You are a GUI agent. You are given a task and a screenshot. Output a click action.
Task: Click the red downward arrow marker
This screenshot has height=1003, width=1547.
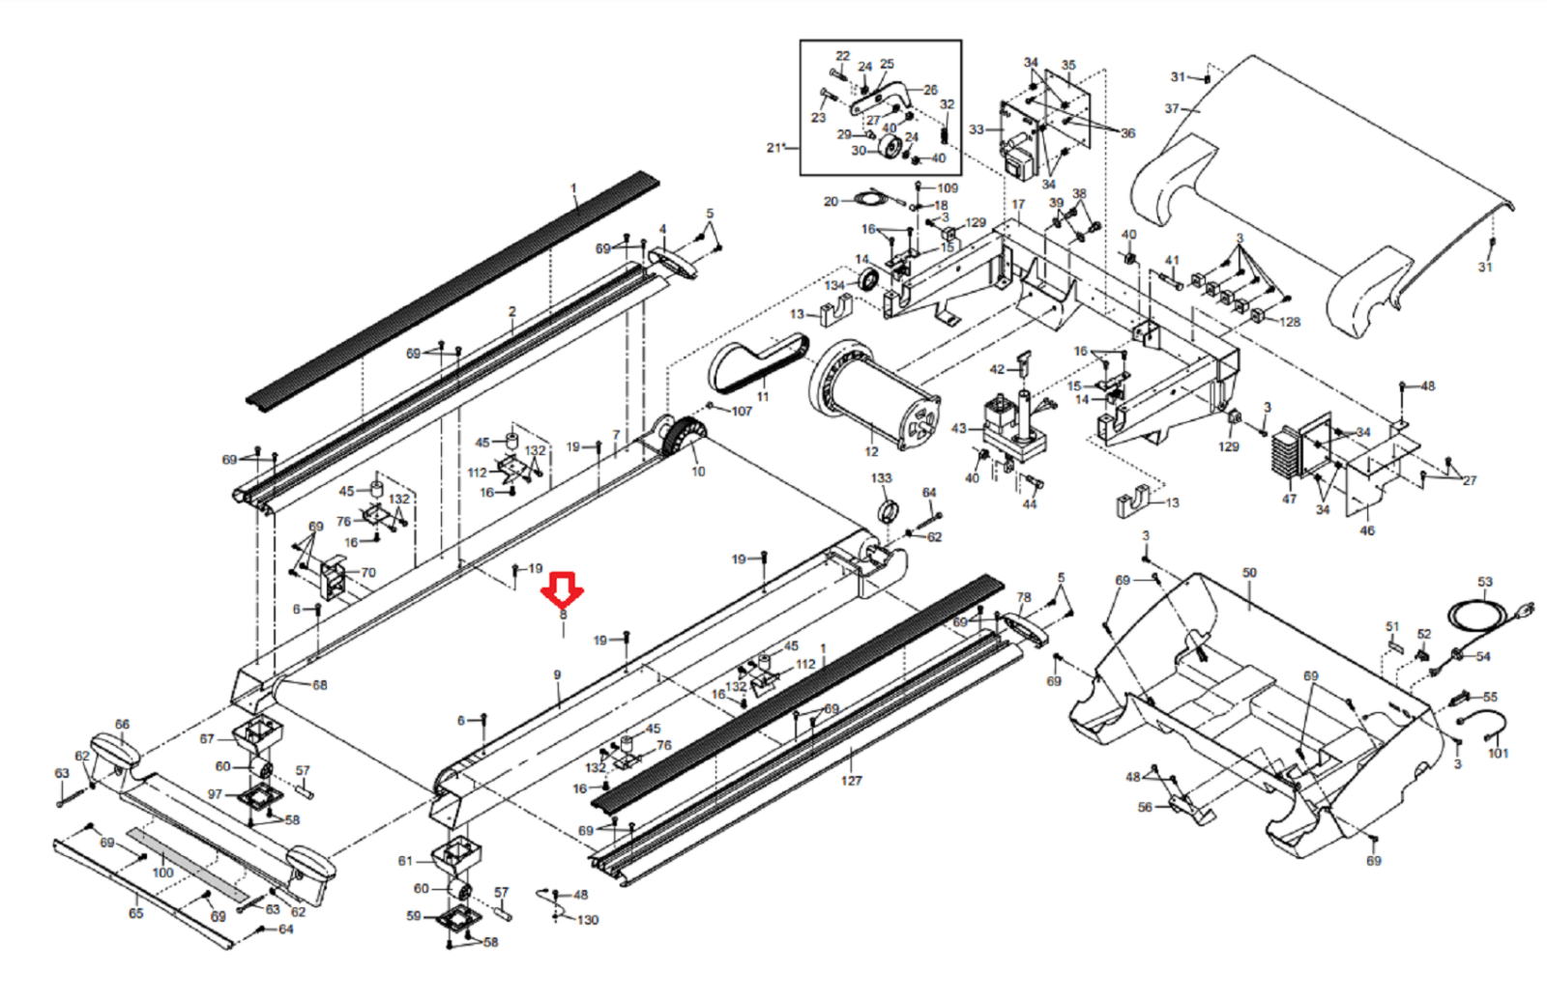pos(563,587)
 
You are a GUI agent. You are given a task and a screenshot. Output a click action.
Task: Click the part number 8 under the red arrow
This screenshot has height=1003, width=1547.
pos(563,615)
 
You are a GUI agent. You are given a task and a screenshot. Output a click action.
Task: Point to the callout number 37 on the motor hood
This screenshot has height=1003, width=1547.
pos(1172,108)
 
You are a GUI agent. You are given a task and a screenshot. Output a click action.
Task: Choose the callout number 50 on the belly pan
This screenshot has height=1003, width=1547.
pos(1249,573)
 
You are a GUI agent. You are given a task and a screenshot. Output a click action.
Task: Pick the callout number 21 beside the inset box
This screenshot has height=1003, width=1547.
pos(773,148)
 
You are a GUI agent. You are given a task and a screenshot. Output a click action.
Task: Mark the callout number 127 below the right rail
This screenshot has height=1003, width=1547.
pos(851,781)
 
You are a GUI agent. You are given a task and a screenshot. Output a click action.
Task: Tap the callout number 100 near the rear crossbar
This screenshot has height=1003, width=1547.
pos(162,873)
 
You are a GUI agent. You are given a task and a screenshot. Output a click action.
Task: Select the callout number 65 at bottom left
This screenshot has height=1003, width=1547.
pos(136,913)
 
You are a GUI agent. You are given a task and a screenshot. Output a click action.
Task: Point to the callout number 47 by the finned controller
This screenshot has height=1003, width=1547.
pos(1289,499)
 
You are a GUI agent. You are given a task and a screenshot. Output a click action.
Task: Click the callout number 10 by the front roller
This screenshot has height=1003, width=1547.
pos(698,472)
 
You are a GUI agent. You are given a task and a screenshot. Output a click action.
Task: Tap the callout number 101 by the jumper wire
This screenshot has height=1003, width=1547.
pos(1498,753)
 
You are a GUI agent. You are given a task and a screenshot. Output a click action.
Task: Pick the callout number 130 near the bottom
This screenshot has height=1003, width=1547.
pos(588,920)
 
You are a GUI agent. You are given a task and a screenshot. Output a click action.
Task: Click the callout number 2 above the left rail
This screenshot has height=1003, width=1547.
pos(512,312)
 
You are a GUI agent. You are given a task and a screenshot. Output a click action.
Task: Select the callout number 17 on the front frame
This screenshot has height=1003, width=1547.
pos(1018,205)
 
